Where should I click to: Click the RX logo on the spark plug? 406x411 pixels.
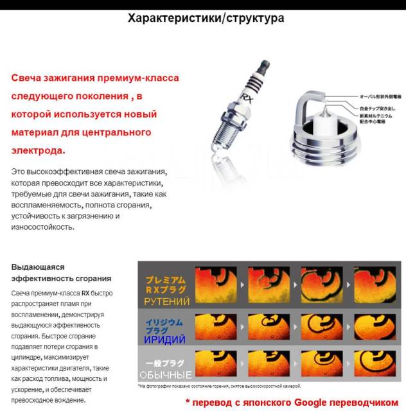(x=245, y=98)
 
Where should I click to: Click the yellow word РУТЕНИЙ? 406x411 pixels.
(x=166, y=301)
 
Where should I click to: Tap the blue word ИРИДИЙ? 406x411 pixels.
(x=165, y=339)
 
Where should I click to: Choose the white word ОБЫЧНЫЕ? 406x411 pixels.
(x=166, y=375)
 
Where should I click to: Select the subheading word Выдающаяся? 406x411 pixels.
(x=37, y=267)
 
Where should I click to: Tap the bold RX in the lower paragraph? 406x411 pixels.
(x=84, y=292)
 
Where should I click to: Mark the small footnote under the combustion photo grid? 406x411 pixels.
(x=219, y=386)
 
